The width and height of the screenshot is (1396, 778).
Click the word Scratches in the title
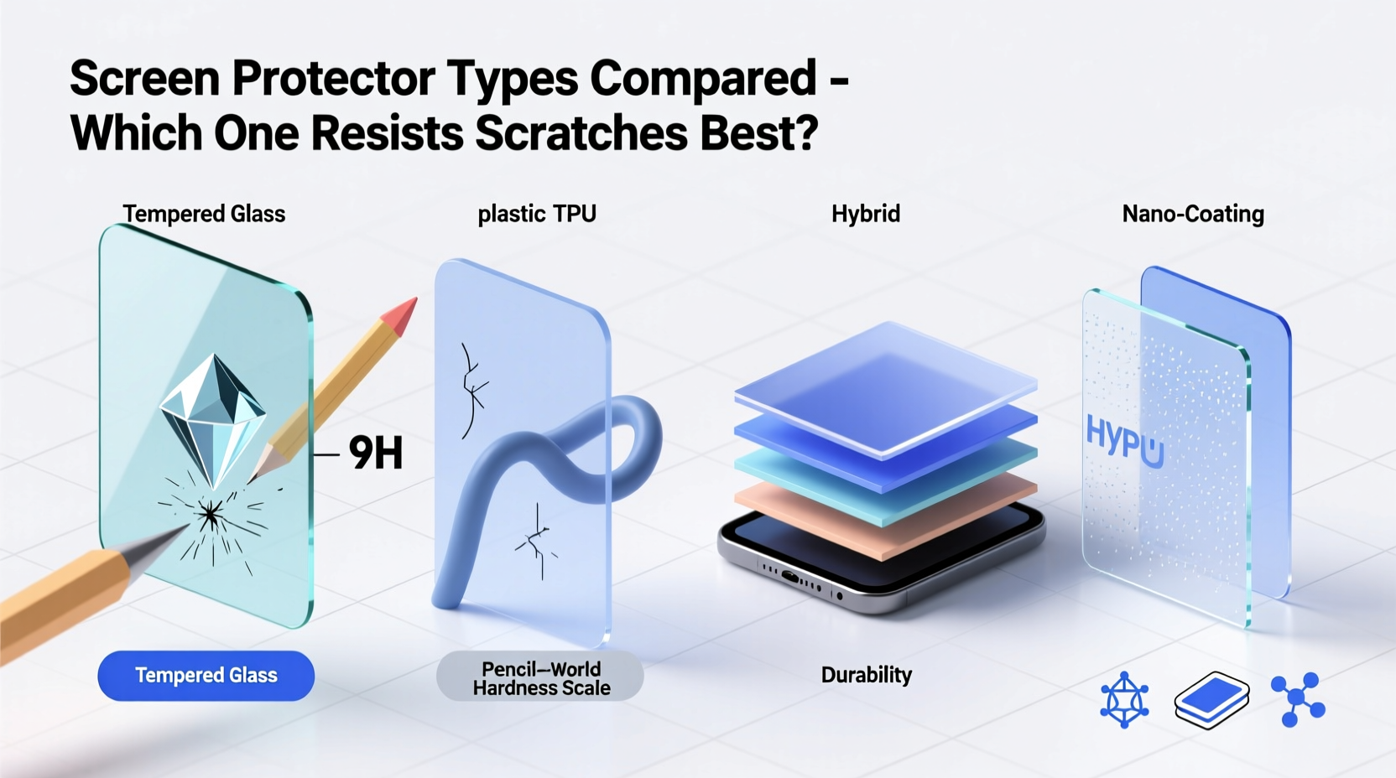point(581,132)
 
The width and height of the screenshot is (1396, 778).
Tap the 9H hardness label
point(375,454)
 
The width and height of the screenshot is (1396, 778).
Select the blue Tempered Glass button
point(206,676)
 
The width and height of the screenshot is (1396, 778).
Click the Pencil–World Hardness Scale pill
point(540,678)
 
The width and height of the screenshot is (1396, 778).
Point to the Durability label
point(866,675)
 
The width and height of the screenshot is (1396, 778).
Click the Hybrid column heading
point(865,214)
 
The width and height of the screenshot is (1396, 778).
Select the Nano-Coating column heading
point(1192,215)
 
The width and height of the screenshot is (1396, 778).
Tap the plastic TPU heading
point(537,214)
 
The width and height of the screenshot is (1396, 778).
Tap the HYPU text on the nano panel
point(1124,440)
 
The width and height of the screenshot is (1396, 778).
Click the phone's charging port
point(791,577)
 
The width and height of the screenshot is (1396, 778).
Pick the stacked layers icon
point(1211,698)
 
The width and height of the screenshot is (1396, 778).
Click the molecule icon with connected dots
point(1297,698)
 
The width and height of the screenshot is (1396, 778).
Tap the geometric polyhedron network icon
point(1124,699)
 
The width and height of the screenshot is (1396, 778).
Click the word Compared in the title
point(703,78)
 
